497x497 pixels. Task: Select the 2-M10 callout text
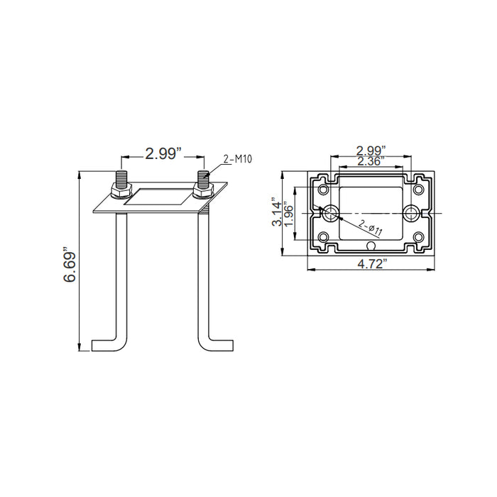tap(237, 159)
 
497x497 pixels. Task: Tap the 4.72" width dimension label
tap(373, 263)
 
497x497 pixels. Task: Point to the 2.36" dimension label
tap(371, 161)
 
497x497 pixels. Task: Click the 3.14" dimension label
tap(276, 213)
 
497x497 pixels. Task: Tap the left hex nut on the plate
tap(121, 191)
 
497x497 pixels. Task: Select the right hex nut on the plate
tap(203, 191)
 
